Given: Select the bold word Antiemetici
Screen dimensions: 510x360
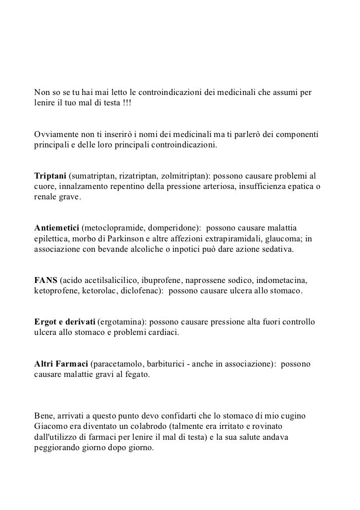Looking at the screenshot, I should click(56, 229).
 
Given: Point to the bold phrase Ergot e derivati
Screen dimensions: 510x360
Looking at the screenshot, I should click(65, 322).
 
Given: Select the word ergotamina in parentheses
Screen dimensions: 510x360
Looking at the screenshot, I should click(124, 322).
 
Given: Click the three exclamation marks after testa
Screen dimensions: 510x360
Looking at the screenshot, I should click(126, 103).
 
